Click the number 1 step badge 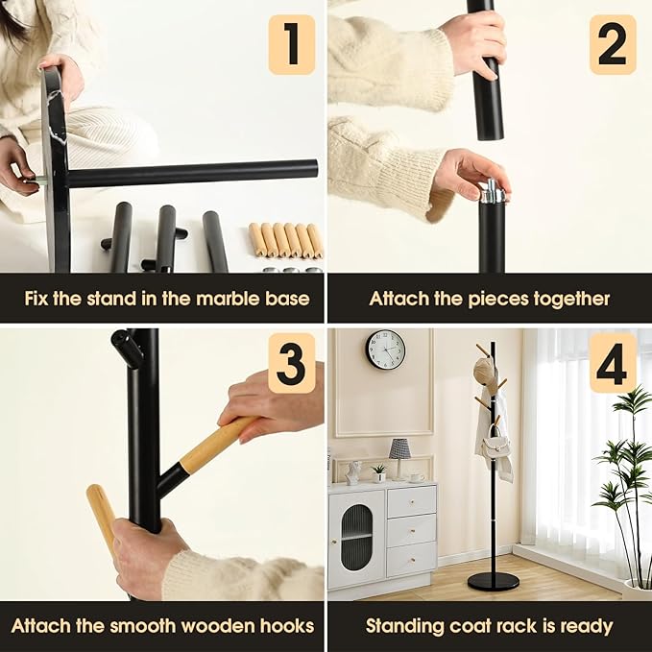coord(291,44)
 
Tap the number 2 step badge coord(613,44)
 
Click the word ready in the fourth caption coord(585,626)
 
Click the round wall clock coord(386,350)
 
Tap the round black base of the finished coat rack coord(493,581)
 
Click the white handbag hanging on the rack coord(496,446)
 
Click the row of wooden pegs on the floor coord(286,240)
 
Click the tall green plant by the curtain coord(624,480)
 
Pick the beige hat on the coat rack coord(485,374)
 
